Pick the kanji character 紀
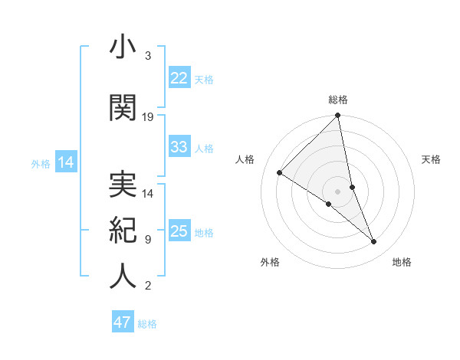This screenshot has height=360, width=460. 123,231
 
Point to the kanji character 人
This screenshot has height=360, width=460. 123,276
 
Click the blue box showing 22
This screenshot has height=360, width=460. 179,78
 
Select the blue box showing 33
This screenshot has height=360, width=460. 179,147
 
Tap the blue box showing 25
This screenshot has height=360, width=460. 179,231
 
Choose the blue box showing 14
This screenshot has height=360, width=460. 65,162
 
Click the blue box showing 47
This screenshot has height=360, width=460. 122,322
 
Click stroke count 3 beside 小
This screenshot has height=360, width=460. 147,56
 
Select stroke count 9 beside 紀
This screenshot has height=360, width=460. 147,240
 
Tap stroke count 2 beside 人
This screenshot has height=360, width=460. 147,286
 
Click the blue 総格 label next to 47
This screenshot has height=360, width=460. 147,324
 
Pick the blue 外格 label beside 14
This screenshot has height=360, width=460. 41,163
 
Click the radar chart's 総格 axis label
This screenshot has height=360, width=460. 338,100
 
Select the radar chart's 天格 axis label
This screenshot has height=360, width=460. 432,159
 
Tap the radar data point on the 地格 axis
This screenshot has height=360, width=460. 374,242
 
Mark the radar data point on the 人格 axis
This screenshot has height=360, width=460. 279,172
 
